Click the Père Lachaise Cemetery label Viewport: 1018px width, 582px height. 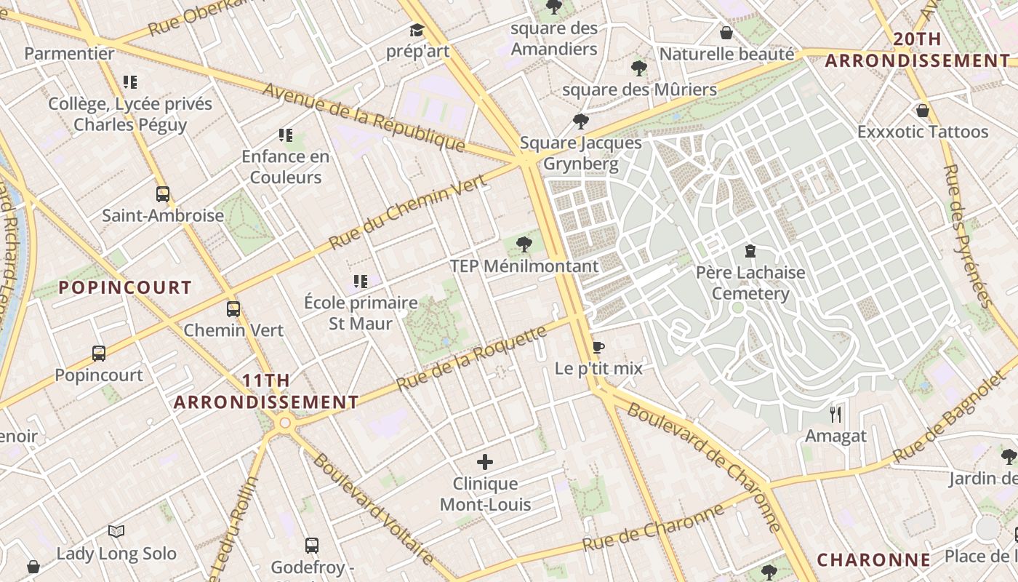tap(750, 283)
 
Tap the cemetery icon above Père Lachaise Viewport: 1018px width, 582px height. tap(750, 252)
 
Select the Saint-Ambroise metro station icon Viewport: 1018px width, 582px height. tap(163, 194)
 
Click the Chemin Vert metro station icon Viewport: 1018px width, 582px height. tap(233, 308)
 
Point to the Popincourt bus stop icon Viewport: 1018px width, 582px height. tap(99, 354)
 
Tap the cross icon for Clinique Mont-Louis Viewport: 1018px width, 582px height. tap(485, 462)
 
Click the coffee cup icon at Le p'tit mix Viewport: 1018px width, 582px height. tap(598, 347)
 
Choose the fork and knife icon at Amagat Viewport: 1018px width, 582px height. tap(835, 415)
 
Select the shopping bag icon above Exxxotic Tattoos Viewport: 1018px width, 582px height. tap(923, 111)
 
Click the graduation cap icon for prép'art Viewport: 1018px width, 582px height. tap(417, 30)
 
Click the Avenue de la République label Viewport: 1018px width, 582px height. tap(364, 116)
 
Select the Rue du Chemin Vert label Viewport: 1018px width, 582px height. tap(406, 212)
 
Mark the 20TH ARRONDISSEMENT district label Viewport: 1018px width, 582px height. tap(918, 50)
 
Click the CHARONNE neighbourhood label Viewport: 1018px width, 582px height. tap(873, 559)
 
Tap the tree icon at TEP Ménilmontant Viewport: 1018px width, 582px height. tap(524, 244)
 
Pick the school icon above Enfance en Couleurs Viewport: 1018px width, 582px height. tap(286, 135)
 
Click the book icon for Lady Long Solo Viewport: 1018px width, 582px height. tap(116, 532)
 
